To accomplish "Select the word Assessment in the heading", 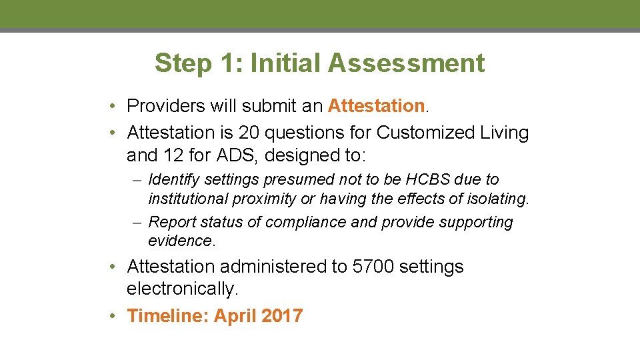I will click(407, 64).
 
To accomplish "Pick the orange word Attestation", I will click(376, 106).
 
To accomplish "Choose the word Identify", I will click(174, 179).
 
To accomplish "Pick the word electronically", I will click(182, 289).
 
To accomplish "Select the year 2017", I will click(282, 316).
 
